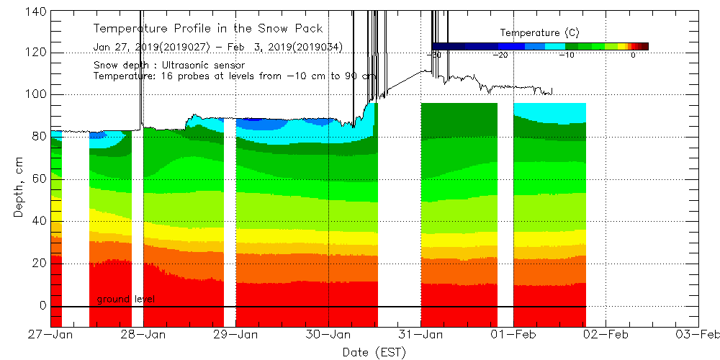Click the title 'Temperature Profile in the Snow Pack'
click(x=208, y=29)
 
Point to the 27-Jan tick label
click(x=51, y=334)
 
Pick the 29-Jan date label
click(x=236, y=334)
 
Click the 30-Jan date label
click(x=328, y=334)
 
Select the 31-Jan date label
click(x=420, y=334)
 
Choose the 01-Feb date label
click(x=513, y=334)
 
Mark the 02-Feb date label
click(x=606, y=334)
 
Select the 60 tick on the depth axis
click(x=40, y=179)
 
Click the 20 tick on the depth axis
click(x=40, y=264)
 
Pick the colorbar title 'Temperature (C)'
click(x=540, y=32)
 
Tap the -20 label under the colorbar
click(x=500, y=55)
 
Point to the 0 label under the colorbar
click(x=633, y=55)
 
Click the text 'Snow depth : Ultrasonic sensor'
click(x=168, y=66)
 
